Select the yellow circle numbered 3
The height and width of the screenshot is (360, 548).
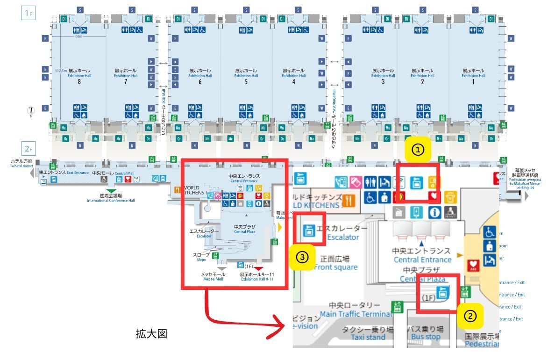coord(303,258)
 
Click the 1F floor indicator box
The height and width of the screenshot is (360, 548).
coord(28,13)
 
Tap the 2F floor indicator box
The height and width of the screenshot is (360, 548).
coord(28,149)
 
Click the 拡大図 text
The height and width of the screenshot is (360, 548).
coord(151,334)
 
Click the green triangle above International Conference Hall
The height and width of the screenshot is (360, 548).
coord(111,191)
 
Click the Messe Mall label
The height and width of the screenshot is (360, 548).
coord(214,277)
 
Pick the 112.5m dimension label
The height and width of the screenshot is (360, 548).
coord(61,72)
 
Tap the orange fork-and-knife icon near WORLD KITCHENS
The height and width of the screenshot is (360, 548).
coord(178,189)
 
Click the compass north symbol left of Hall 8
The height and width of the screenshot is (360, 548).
coord(32,111)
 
